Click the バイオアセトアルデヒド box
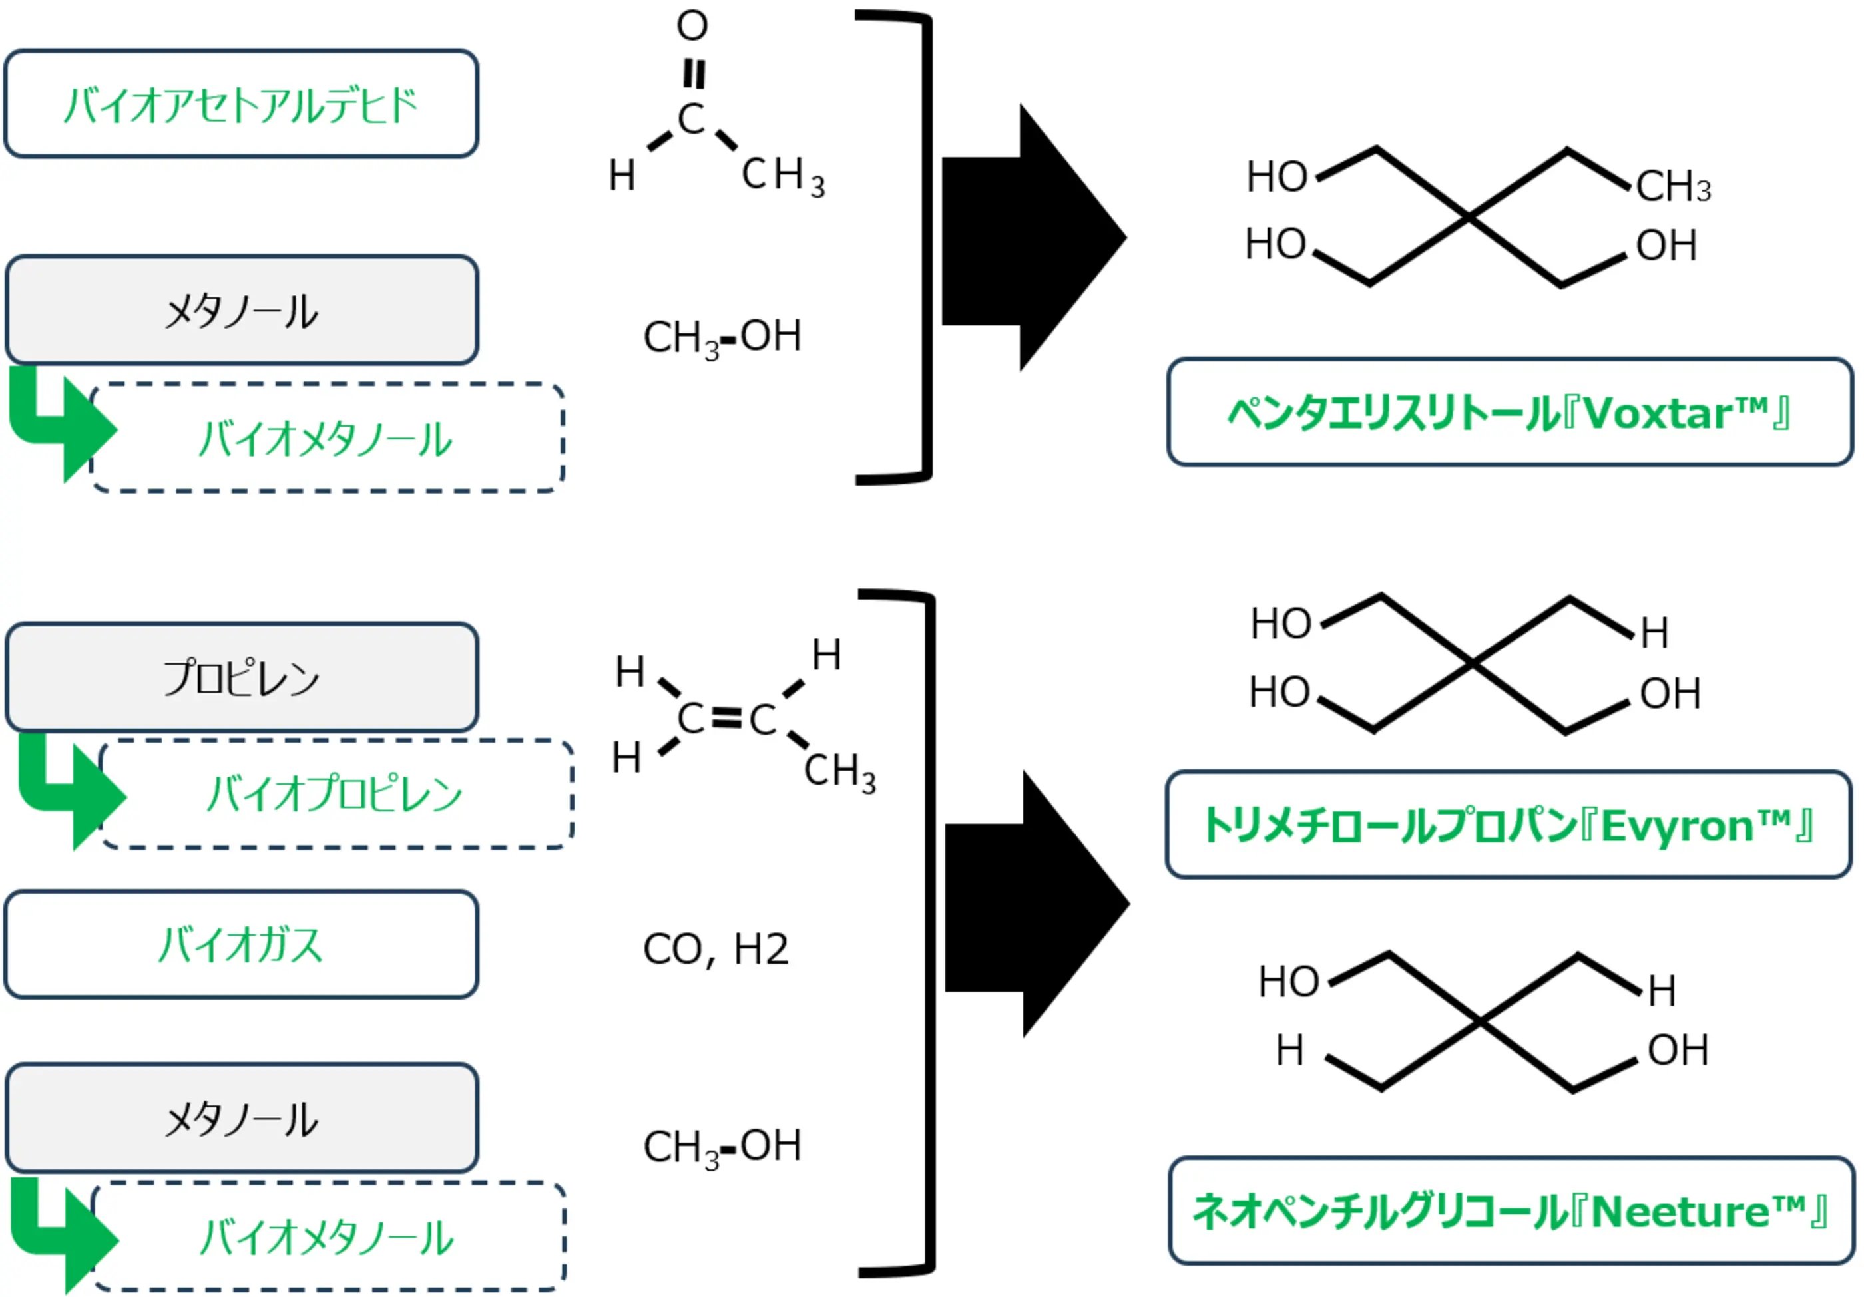point(241,103)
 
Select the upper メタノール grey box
point(241,309)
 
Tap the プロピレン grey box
point(241,677)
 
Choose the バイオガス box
point(241,944)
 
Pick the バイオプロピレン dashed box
point(336,794)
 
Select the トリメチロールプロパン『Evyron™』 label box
point(1509,825)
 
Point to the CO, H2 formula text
point(715,949)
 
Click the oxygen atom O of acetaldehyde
point(692,25)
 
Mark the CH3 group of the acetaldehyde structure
point(784,176)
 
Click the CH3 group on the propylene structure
point(840,772)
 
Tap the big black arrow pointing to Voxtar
point(1033,238)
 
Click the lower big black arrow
point(1037,903)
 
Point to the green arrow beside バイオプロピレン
point(71,791)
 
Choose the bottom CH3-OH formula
point(722,1147)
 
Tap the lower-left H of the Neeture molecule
point(1290,1050)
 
